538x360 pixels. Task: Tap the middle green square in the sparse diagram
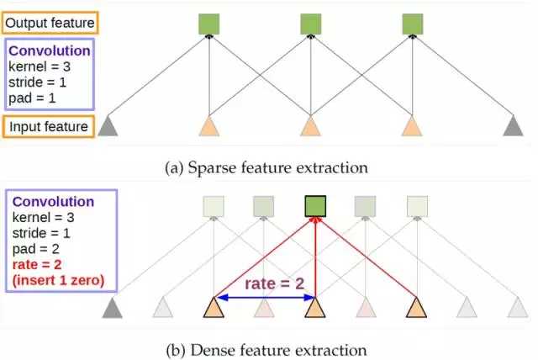pyautogui.click(x=310, y=24)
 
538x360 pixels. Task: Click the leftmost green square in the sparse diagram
pyautogui.click(x=208, y=24)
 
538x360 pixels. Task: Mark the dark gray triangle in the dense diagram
pyautogui.click(x=111, y=309)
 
